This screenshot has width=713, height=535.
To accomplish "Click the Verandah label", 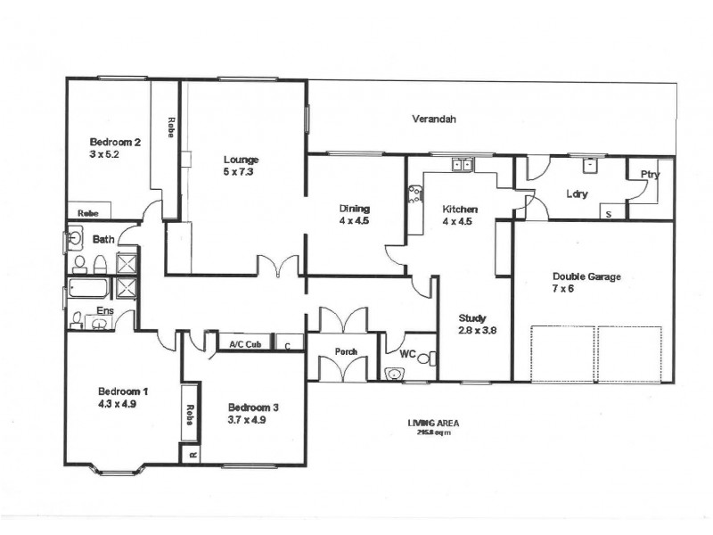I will pyautogui.click(x=434, y=119).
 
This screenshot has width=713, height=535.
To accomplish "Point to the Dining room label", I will pyautogui.click(x=354, y=208).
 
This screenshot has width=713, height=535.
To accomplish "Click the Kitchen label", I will pyautogui.click(x=460, y=210).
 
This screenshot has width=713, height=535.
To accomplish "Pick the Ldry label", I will pyautogui.click(x=577, y=193).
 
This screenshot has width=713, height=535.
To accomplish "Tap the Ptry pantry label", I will pyautogui.click(x=651, y=175).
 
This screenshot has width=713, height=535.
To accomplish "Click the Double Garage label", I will pyautogui.click(x=586, y=276).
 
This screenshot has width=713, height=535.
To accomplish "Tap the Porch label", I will pyautogui.click(x=346, y=351).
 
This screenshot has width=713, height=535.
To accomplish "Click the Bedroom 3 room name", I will pyautogui.click(x=253, y=407).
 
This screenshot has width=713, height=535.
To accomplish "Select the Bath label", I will pyautogui.click(x=102, y=240).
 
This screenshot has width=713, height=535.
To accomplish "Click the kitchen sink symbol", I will pyautogui.click(x=462, y=164).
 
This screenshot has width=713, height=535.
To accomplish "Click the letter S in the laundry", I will pyautogui.click(x=609, y=214).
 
